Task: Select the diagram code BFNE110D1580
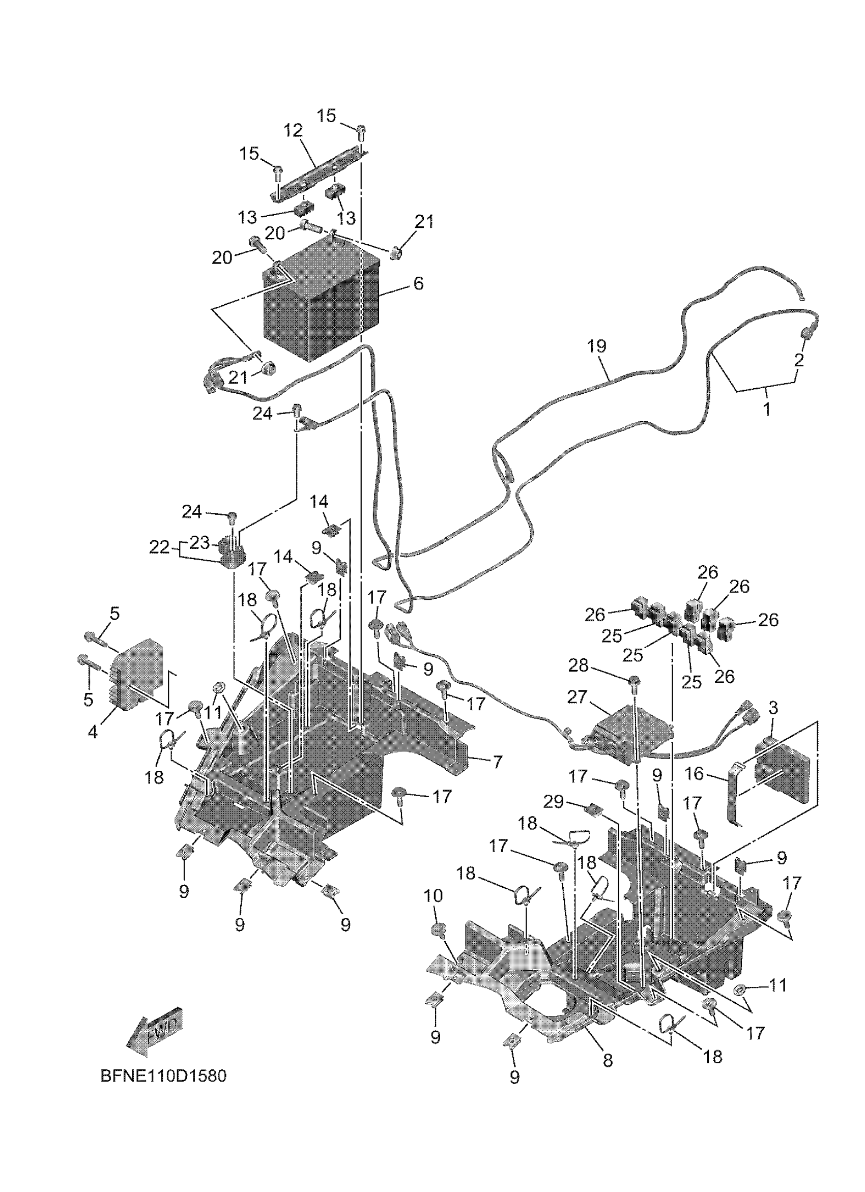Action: click(163, 1077)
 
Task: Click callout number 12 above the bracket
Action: click(294, 130)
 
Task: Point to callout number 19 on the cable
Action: click(596, 346)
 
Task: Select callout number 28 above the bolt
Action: click(578, 665)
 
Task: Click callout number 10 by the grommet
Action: click(434, 895)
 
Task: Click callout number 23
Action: click(199, 542)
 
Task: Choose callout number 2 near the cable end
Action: click(799, 360)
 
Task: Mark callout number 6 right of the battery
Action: click(418, 284)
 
